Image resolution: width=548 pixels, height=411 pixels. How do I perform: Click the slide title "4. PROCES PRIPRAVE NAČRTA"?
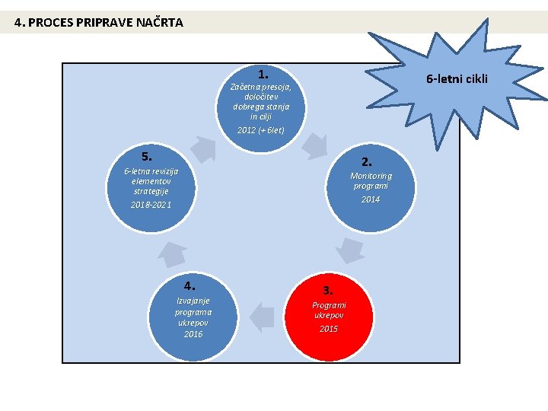pyautogui.click(x=99, y=22)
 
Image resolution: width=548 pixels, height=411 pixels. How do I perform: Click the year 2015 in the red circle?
pyautogui.click(x=329, y=329)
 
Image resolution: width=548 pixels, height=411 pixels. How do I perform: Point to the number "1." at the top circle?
pyautogui.click(x=263, y=75)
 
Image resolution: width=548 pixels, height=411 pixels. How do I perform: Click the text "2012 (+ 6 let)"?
pyautogui.click(x=260, y=130)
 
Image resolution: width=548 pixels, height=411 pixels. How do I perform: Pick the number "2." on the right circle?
pyautogui.click(x=367, y=161)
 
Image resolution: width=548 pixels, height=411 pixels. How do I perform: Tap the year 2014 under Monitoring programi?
pyautogui.click(x=371, y=199)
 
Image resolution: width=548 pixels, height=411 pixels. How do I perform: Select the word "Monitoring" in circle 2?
pyautogui.click(x=371, y=176)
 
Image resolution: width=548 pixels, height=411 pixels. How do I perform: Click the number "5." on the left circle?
pyautogui.click(x=147, y=155)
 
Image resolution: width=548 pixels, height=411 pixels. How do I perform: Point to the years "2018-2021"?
pyautogui.click(x=151, y=205)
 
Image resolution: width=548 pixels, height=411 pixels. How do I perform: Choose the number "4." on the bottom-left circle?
pyautogui.click(x=190, y=286)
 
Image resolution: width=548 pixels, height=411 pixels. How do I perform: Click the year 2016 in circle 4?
pyautogui.click(x=193, y=334)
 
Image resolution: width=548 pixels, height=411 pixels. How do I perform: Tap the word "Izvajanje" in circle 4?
pyautogui.click(x=193, y=300)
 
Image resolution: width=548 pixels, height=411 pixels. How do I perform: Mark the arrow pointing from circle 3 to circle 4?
pyautogui.click(x=263, y=317)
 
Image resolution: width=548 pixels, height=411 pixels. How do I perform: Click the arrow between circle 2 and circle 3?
pyautogui.click(x=350, y=250)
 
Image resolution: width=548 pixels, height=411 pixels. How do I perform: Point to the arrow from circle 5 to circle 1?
pyautogui.click(x=202, y=148)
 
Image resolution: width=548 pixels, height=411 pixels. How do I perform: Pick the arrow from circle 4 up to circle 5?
pyautogui.click(x=172, y=253)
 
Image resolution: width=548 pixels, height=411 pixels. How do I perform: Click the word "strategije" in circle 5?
pyautogui.click(x=151, y=191)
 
